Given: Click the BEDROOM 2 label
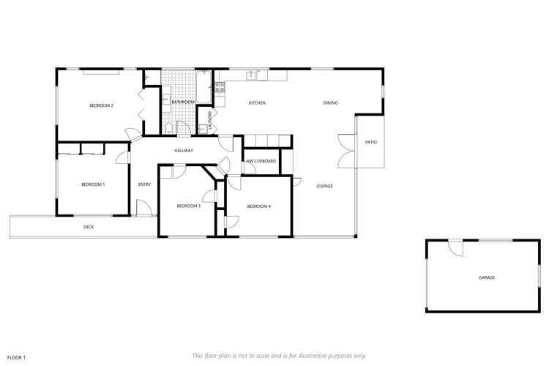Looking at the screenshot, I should [101, 105].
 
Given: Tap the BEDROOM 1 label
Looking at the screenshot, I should [93, 184].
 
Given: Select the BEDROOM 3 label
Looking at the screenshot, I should [188, 206].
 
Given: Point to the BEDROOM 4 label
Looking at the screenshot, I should [259, 206].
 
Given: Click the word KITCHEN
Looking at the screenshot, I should [256, 102].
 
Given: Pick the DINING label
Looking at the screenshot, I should [330, 102].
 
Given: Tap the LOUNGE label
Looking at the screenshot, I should [324, 186].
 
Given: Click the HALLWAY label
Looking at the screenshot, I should [183, 151].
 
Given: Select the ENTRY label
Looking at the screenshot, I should [144, 184].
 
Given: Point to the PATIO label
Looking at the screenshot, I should [371, 142].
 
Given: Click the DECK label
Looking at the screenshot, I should [89, 227].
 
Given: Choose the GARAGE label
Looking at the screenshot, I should [487, 278].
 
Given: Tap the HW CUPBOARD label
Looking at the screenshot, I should [261, 160].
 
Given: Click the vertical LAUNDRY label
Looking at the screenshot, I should [210, 119].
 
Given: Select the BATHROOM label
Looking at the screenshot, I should [183, 102].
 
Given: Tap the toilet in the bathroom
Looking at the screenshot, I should [169, 129].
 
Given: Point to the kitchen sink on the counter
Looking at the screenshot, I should [252, 75].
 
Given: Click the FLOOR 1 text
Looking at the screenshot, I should [15, 357].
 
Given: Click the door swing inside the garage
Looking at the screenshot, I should [456, 249].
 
